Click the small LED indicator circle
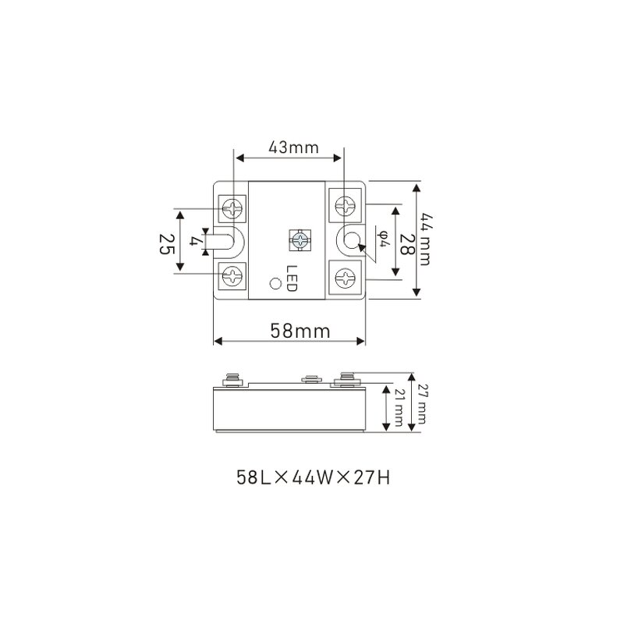[273, 284]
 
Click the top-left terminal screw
[233, 207]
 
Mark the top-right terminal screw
[345, 206]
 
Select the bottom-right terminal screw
[345, 275]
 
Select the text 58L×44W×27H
[312, 476]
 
